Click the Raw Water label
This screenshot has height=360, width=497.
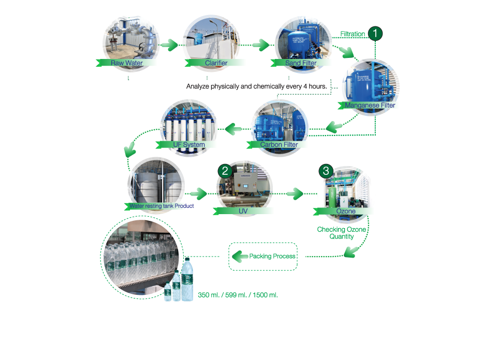127,63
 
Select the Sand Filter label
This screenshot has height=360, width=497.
301,63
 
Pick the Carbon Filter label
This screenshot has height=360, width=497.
279,145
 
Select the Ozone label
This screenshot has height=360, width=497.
345,211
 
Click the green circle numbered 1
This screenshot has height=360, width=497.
375,33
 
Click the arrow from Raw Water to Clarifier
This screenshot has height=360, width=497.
169,45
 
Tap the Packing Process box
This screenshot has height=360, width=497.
264,256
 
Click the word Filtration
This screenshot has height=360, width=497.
352,34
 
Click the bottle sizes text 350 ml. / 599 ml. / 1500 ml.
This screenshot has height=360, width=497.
238,295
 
